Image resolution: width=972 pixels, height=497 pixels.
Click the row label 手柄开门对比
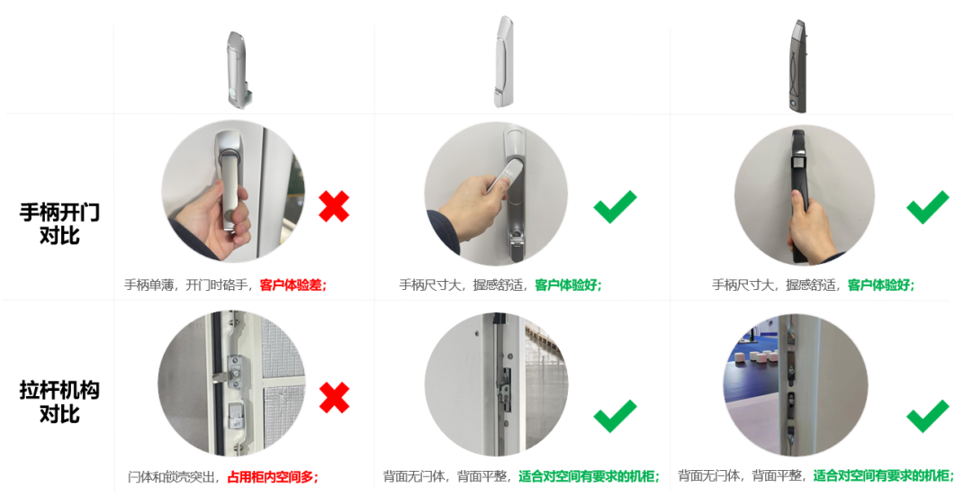[59, 223]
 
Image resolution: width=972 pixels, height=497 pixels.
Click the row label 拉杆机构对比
[59, 402]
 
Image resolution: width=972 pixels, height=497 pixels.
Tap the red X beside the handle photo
[334, 206]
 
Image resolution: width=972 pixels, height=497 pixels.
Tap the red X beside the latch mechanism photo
[334, 398]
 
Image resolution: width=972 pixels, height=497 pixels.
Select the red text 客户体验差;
[293, 285]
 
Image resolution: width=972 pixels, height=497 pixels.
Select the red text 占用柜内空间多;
[274, 477]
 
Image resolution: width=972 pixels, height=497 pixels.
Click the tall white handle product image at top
[504, 61]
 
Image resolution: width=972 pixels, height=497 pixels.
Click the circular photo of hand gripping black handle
[805, 194]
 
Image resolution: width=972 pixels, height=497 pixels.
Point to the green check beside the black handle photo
[927, 206]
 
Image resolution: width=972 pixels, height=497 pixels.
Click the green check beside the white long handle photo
[615, 206]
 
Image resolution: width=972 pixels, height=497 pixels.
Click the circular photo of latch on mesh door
[232, 384]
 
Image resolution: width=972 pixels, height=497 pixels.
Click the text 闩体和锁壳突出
[173, 477]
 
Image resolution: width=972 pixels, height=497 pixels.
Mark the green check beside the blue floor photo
[927, 416]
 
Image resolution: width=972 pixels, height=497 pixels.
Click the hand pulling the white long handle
[474, 202]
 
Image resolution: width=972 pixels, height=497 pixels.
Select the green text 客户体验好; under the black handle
[881, 285]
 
